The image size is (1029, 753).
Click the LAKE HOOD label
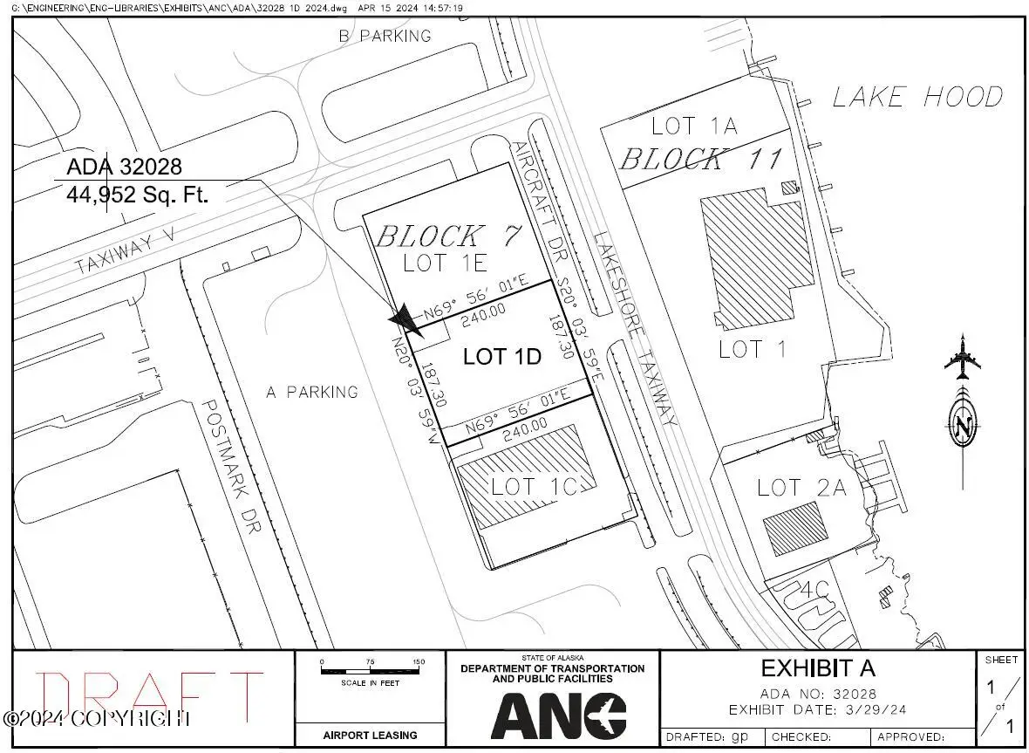(917, 97)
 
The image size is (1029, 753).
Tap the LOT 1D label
(502, 356)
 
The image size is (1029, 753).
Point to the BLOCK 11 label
(701, 159)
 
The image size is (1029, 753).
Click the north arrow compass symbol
(963, 426)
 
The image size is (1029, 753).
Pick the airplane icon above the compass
(963, 358)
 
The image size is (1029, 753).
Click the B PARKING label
(385, 36)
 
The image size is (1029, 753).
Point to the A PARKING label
(311, 392)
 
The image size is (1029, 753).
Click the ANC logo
(558, 715)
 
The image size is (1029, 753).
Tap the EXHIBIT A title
(817, 668)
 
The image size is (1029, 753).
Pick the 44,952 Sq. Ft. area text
(137, 195)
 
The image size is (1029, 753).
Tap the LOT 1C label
(534, 486)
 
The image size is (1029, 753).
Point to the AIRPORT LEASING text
(371, 735)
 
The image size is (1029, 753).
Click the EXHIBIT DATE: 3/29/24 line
(817, 709)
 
